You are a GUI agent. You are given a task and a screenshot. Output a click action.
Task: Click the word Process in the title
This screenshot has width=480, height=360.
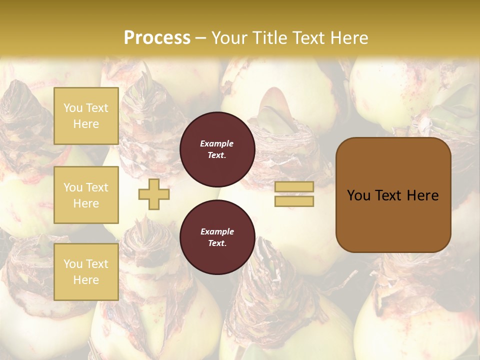pyautogui.click(x=157, y=38)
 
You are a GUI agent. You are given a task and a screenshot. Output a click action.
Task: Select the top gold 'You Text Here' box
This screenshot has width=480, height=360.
pyautogui.click(x=86, y=116)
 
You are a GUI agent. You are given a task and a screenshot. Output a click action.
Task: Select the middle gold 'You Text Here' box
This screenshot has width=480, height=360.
pyautogui.click(x=86, y=195)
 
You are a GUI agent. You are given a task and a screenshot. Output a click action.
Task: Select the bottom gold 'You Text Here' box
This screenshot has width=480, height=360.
pyautogui.click(x=86, y=271)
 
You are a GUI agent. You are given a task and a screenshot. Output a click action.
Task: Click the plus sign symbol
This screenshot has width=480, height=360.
pyautogui.click(x=154, y=194)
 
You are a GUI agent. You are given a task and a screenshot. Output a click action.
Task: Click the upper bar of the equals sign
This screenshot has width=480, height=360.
pyautogui.click(x=294, y=186)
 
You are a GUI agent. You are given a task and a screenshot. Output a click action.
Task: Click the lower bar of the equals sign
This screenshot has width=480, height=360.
pyautogui.click(x=294, y=201)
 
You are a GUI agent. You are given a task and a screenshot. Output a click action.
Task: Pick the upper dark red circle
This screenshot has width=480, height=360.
pyautogui.click(x=217, y=149)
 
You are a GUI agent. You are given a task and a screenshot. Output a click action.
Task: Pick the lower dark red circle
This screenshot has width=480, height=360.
pyautogui.click(x=217, y=237)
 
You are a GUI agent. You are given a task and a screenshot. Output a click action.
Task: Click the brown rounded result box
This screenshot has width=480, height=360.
pyautogui.click(x=393, y=195)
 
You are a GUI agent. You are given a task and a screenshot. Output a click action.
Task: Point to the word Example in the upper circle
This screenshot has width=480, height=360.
pyautogui.click(x=217, y=143)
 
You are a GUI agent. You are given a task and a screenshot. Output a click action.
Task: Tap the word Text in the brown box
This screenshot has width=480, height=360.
pyautogui.click(x=393, y=195)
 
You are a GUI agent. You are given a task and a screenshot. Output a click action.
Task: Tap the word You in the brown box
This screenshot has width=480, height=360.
pyautogui.click(x=359, y=195)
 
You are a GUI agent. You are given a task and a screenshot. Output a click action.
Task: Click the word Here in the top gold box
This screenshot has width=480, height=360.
pyautogui.click(x=86, y=124)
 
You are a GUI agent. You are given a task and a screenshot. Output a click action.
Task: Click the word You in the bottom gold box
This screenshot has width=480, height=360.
pyautogui.click(x=73, y=264)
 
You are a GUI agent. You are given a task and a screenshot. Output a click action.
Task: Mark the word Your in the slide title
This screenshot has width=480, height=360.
pyautogui.click(x=229, y=38)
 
